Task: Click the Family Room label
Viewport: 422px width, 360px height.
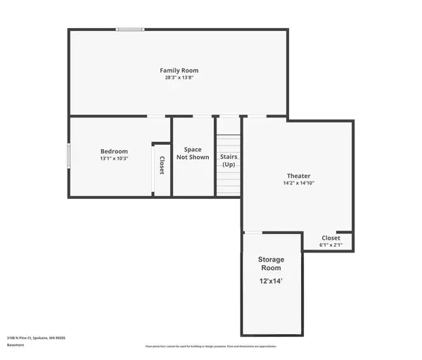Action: (x=179, y=70)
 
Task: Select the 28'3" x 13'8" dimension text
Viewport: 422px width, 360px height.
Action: (x=179, y=77)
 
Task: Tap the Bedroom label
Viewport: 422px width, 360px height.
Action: (x=114, y=151)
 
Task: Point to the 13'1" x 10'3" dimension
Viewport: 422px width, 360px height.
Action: (x=114, y=158)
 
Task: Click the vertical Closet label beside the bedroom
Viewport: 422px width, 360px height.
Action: (x=161, y=165)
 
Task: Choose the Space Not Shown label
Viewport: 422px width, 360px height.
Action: (x=193, y=153)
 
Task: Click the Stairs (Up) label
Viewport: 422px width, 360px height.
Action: (x=229, y=160)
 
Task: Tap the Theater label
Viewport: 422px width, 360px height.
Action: (x=298, y=176)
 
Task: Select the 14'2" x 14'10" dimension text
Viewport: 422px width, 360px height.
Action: (x=298, y=183)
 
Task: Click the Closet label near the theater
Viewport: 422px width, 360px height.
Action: (x=331, y=238)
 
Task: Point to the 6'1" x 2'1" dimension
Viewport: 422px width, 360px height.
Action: (x=331, y=245)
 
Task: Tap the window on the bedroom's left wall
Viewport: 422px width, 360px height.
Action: (x=68, y=155)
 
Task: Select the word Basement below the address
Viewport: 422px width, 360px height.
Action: (x=15, y=345)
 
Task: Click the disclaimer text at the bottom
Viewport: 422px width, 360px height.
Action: (x=211, y=346)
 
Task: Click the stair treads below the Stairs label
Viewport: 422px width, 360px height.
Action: (x=229, y=183)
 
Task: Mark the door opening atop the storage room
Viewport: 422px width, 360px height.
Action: (x=252, y=232)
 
